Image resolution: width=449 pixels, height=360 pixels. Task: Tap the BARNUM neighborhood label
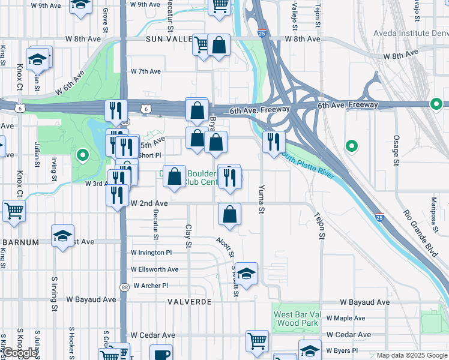coord(20,242)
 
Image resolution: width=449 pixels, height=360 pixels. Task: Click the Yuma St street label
coord(261,199)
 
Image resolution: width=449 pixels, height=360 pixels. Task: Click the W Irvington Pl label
coord(151,253)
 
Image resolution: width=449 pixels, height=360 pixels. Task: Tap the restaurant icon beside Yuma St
coord(274,142)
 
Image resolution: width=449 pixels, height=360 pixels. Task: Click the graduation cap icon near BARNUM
coord(62,236)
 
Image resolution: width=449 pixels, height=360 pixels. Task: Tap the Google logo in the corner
coord(20,353)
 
